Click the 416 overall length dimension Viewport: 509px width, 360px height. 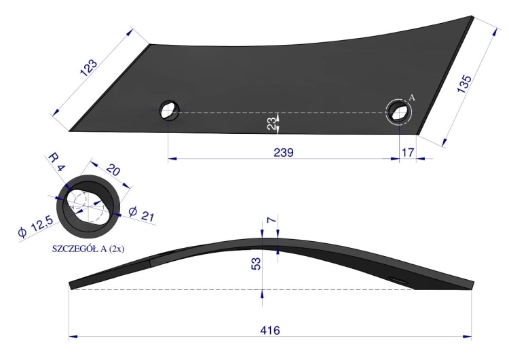pyautogui.click(x=269, y=330)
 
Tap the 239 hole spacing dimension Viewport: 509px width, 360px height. pyautogui.click(x=284, y=152)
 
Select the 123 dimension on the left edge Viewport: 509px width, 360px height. pyautogui.click(x=89, y=68)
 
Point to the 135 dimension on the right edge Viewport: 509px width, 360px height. pyautogui.click(x=464, y=84)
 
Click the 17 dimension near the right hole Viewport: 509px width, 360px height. pyautogui.click(x=408, y=152)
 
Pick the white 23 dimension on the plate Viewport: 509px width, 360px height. pyautogui.click(x=272, y=124)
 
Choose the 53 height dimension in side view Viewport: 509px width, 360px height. pyautogui.click(x=256, y=264)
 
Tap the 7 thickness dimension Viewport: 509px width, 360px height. pyautogui.click(x=272, y=220)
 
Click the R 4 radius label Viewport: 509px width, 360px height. pyautogui.click(x=57, y=162)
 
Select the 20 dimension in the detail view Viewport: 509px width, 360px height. pyautogui.click(x=113, y=170)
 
